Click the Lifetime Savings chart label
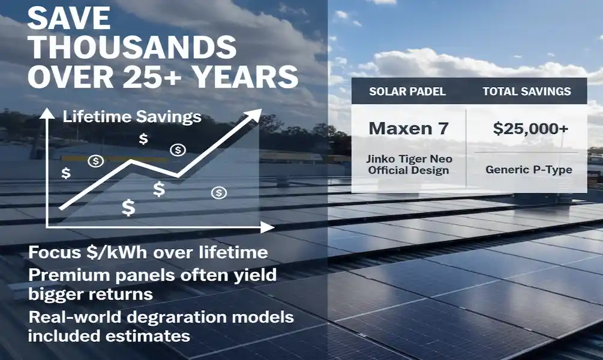(132, 117)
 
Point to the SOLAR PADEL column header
(408, 92)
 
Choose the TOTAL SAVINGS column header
(527, 92)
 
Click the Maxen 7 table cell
(409, 128)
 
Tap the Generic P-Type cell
(529, 170)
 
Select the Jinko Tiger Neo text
(409, 159)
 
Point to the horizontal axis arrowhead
(268, 227)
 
